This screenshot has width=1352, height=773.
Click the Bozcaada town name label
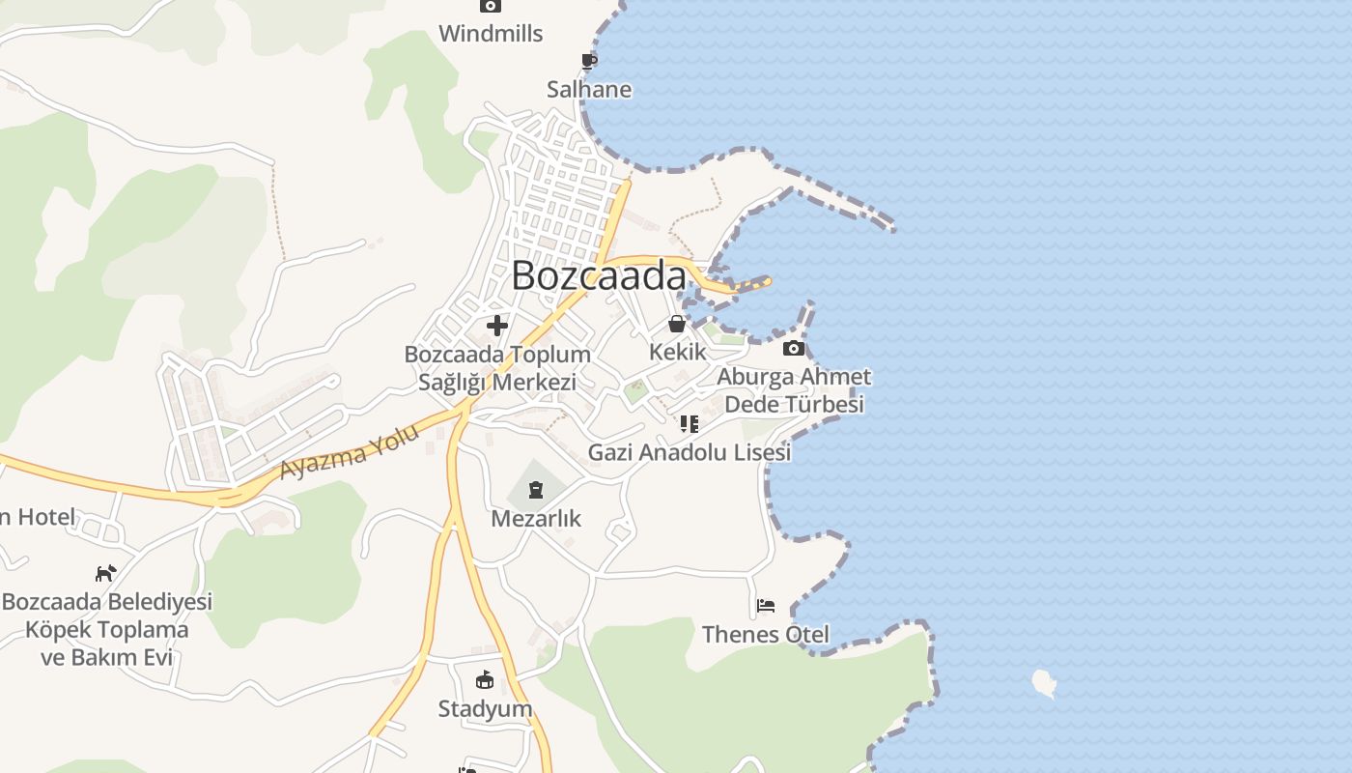tap(599, 275)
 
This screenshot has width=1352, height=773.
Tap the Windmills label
tap(491, 34)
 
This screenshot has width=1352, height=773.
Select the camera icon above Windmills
tap(491, 6)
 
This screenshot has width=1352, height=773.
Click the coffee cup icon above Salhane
tap(589, 62)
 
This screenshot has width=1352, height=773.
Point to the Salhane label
tap(589, 90)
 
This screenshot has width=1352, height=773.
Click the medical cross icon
tap(497, 326)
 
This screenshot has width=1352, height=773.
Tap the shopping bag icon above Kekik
tap(677, 324)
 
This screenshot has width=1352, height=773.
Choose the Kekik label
tap(677, 352)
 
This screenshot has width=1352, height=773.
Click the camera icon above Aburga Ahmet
tap(794, 348)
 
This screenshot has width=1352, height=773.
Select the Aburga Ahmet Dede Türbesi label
tap(794, 390)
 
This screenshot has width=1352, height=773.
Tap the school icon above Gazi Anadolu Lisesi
tap(689, 423)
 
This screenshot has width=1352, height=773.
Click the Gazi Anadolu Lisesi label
tap(689, 452)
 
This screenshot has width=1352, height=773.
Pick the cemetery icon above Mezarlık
tap(536, 491)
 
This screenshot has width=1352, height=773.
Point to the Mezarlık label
tap(536, 519)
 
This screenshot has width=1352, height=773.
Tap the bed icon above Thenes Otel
tap(766, 606)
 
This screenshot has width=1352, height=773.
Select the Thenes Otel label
tap(766, 635)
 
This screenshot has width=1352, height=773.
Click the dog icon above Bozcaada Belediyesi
tap(105, 573)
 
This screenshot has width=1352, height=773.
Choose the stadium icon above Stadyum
tap(485, 680)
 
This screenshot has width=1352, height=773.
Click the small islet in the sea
tap(1044, 683)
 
